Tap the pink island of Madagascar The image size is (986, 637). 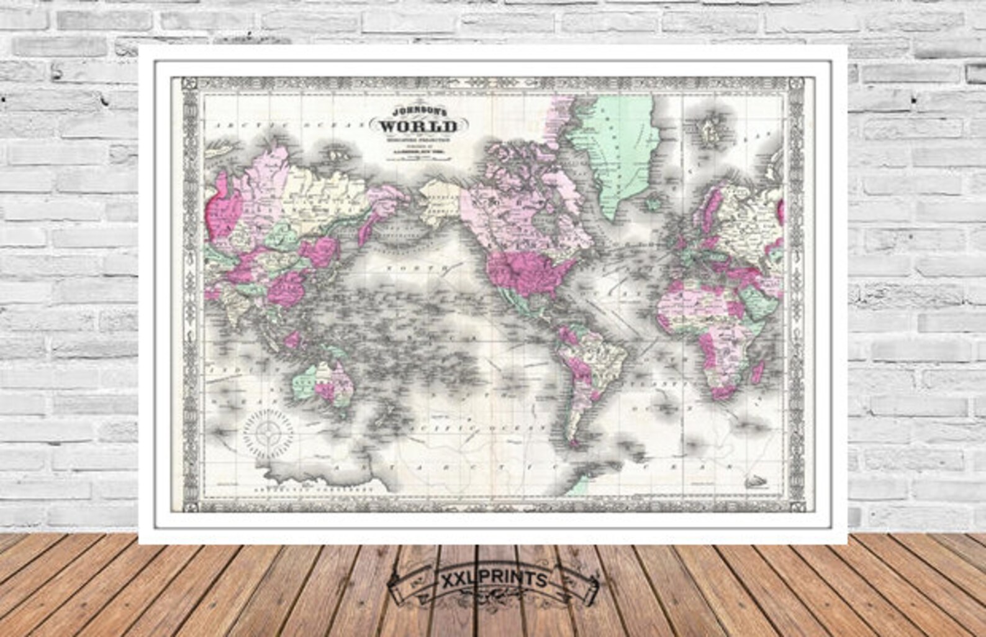[756, 372]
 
